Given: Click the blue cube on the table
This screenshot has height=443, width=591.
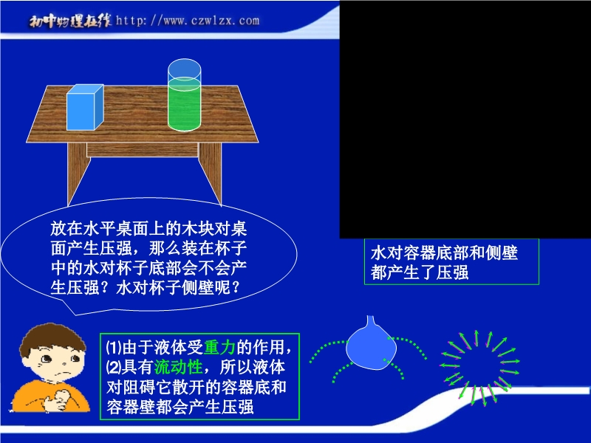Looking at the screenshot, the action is coord(85,108).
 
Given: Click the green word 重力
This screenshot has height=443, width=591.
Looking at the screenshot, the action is coord(219,347).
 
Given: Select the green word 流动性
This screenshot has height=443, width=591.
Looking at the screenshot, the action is coord(179,367).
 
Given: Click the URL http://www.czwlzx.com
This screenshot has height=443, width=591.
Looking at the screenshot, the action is coord(188,20).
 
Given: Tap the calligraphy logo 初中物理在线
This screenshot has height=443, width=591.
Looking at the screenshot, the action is coord(70,21).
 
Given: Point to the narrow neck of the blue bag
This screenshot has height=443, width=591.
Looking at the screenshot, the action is coord(371,321).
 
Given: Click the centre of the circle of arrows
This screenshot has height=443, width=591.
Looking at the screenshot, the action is coord(479,368).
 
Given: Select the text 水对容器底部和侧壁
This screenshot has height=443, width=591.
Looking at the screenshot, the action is coord(445,253).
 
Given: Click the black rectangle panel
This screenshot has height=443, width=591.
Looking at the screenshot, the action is coord(465,119).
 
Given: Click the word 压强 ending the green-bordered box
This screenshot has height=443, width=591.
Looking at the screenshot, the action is coord(237,408).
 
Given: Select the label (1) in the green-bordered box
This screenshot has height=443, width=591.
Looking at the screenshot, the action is coord(114,347).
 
